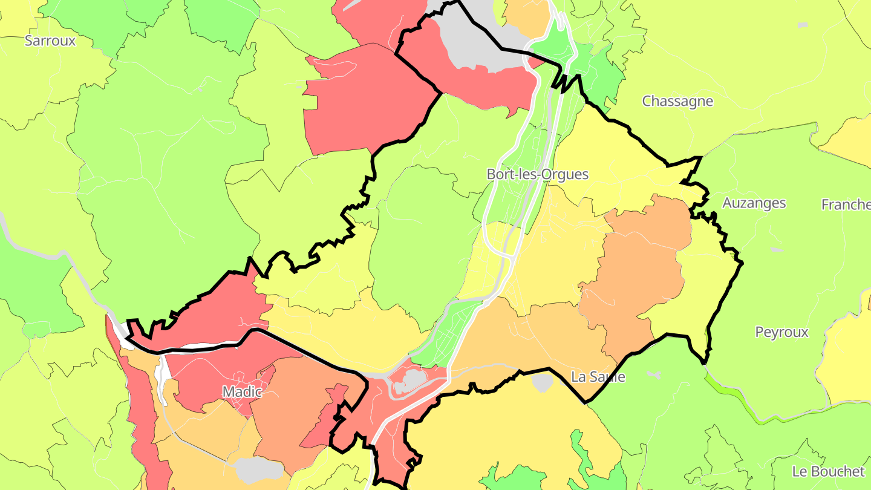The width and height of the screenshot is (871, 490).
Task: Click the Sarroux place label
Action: (50, 41)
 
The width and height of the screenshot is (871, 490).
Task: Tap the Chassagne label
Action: (677, 101)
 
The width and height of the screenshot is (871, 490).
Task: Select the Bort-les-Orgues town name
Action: (537, 174)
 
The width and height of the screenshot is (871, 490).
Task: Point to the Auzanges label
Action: (754, 203)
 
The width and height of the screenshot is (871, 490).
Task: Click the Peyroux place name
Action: (781, 332)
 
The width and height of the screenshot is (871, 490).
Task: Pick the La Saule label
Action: (598, 377)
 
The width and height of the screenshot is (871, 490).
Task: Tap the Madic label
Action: (242, 391)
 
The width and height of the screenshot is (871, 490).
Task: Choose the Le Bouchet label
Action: (829, 471)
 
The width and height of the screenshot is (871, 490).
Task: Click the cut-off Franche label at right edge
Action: (846, 204)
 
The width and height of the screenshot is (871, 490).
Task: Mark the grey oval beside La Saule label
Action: (543, 382)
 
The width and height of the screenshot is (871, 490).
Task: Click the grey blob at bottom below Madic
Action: (259, 469)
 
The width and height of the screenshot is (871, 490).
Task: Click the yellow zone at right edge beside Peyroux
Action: (850, 351)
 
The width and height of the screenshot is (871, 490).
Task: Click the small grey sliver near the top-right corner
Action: (802, 25)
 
